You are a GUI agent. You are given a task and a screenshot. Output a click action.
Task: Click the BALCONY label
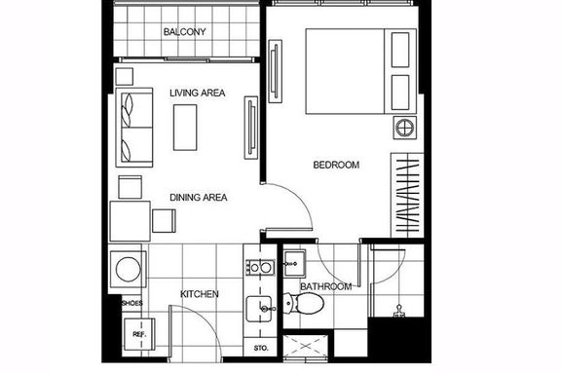pyautogui.click(x=185, y=32)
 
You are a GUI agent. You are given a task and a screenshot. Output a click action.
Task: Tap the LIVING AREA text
pyautogui.click(x=197, y=93)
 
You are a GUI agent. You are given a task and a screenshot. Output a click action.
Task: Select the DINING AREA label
pyautogui.click(x=199, y=198)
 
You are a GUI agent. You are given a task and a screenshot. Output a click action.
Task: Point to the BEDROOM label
pyautogui.click(x=336, y=165)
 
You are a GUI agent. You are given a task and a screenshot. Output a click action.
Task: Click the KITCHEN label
pyautogui.click(x=200, y=294)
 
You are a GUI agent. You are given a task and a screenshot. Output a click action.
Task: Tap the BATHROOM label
pyautogui.click(x=325, y=286)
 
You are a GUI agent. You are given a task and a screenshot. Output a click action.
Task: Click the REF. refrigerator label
pyautogui.click(x=139, y=335)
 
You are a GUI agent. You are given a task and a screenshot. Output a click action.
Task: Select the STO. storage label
pyautogui.click(x=261, y=348)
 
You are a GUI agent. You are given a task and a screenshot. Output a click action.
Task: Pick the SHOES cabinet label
pyautogui.click(x=132, y=303)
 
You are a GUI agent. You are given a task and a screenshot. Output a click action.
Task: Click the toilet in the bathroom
pyautogui.click(x=304, y=304)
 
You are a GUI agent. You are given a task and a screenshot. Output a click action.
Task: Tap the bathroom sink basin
pyautogui.click(x=295, y=264)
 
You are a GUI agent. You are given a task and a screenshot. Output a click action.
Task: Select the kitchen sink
pyautogui.click(x=259, y=309)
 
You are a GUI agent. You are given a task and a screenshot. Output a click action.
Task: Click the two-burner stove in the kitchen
pyautogui.click(x=260, y=267)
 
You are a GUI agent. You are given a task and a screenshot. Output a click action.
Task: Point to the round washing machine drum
pyautogui.click(x=129, y=269)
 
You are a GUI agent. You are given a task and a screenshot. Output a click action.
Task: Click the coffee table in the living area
pyautogui.click(x=185, y=128)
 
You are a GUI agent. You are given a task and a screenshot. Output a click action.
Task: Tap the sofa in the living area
pyautogui.click(x=134, y=128)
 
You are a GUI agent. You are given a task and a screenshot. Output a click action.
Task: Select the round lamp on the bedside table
pyautogui.click(x=405, y=128)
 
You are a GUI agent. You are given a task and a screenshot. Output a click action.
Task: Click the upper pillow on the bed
pyautogui.click(x=400, y=50)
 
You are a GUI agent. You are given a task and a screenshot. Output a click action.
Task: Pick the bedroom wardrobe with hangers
pyautogui.click(x=407, y=195)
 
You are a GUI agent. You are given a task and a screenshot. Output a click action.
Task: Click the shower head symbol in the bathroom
pyautogui.click(x=399, y=311)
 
